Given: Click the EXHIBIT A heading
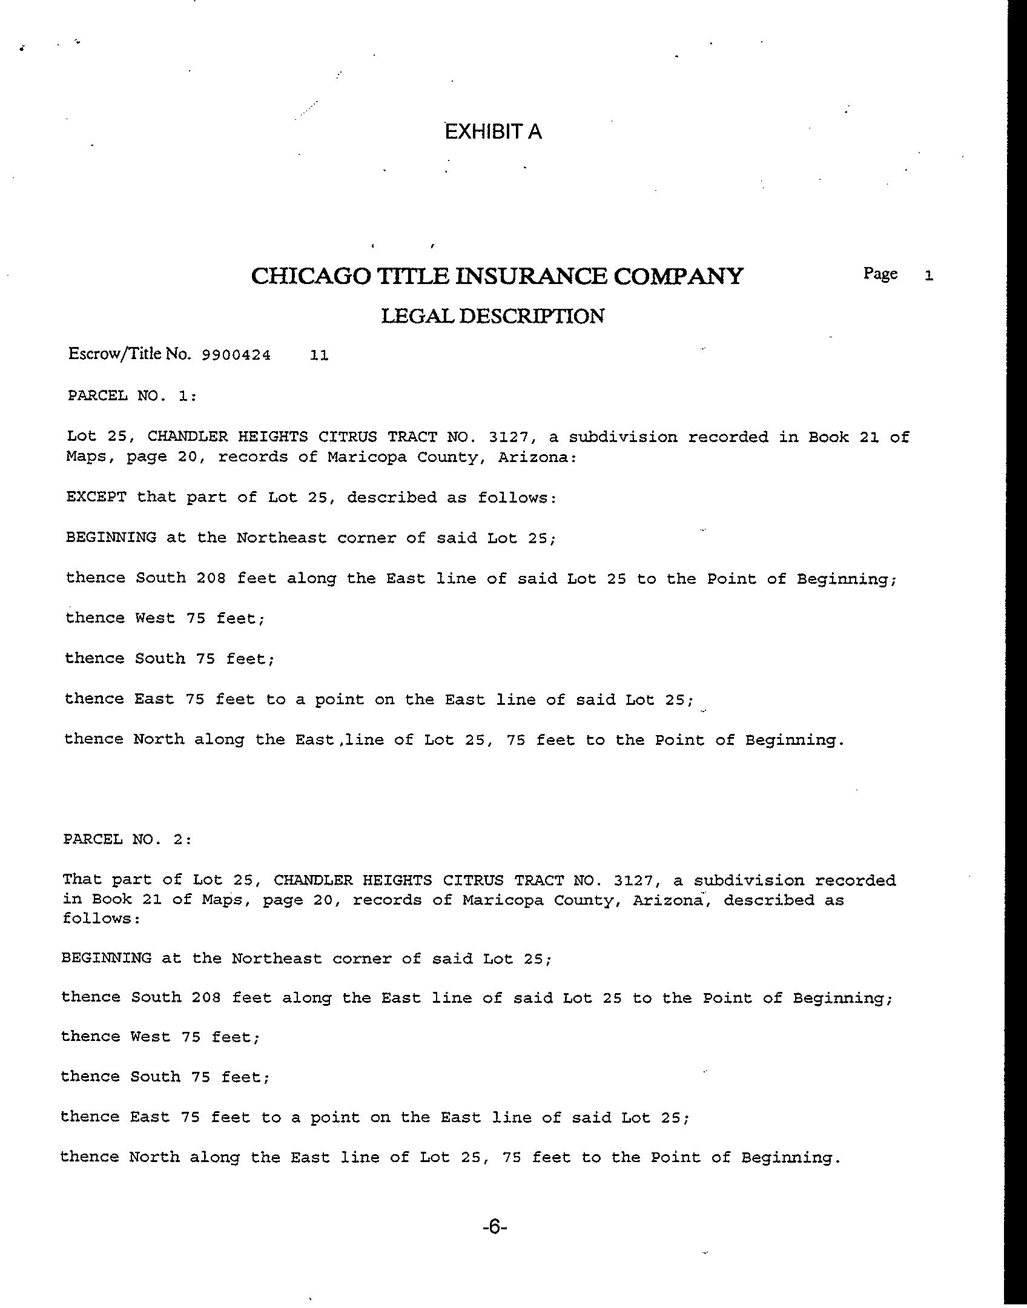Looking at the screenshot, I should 493,131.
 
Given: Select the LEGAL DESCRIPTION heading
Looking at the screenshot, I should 492,316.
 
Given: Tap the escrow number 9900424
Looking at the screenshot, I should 236,355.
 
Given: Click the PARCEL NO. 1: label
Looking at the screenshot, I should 131,396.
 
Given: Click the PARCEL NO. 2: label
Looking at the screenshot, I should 127,839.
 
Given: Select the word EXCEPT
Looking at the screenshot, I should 96,497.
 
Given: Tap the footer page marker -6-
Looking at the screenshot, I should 494,1227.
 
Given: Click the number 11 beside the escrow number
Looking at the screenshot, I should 319,355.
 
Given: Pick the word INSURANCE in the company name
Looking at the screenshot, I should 532,276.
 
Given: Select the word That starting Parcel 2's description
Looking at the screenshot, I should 82,879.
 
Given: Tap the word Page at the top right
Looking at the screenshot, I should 880,274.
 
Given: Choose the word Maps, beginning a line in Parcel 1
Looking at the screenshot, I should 91,457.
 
